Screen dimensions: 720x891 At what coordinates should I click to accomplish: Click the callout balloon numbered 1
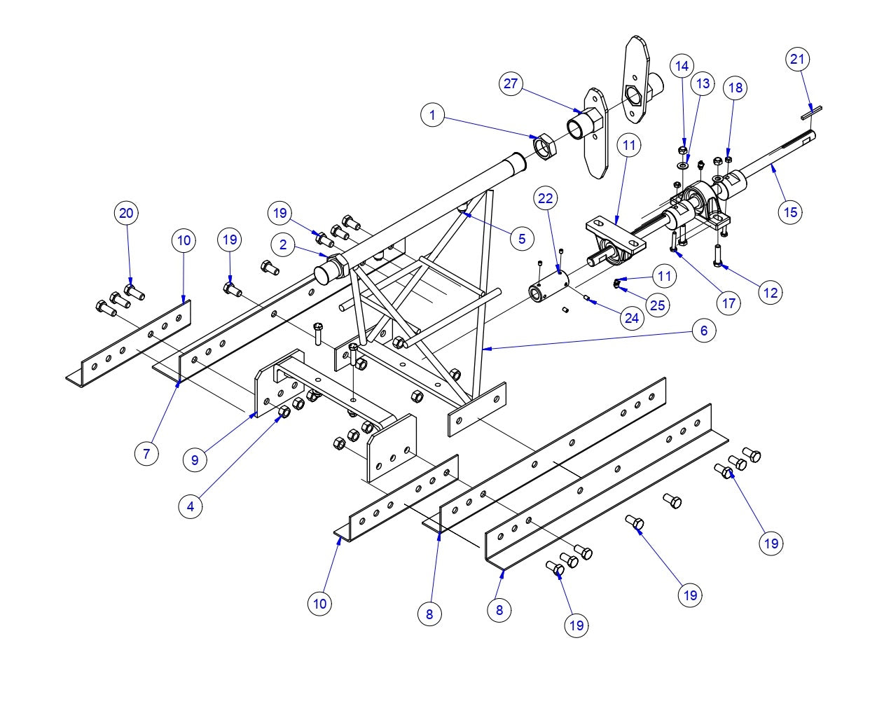point(433,115)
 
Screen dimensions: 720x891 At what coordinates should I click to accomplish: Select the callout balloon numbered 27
point(511,84)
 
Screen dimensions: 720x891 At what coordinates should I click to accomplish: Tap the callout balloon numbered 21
point(797,60)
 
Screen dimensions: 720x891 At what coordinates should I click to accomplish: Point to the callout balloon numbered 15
point(790,212)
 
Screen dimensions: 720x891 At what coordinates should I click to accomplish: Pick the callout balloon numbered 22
point(546,199)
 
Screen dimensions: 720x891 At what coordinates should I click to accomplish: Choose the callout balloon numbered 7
point(146,454)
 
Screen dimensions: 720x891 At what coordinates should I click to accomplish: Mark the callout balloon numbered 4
point(191,506)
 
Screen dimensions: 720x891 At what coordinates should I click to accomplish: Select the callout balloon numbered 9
point(195,460)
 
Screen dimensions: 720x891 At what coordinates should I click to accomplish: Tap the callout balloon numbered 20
point(127,213)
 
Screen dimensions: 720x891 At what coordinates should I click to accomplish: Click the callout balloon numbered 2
point(283,245)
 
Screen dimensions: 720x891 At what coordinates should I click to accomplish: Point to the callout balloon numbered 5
point(522,239)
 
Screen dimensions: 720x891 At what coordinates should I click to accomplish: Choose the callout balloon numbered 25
point(657,305)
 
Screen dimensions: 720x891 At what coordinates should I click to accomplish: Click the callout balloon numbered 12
point(771,293)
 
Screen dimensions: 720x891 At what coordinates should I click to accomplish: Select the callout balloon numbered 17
point(729,303)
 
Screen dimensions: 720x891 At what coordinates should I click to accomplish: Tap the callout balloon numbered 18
point(735,88)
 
